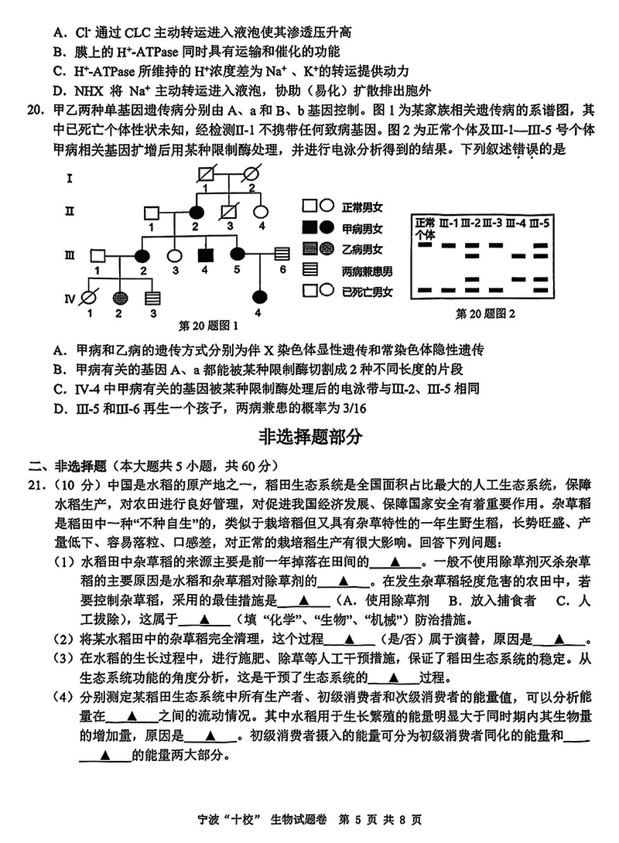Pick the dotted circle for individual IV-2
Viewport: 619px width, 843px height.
121,296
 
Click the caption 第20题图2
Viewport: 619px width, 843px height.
485,313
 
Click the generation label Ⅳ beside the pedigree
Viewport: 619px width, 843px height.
69,295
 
